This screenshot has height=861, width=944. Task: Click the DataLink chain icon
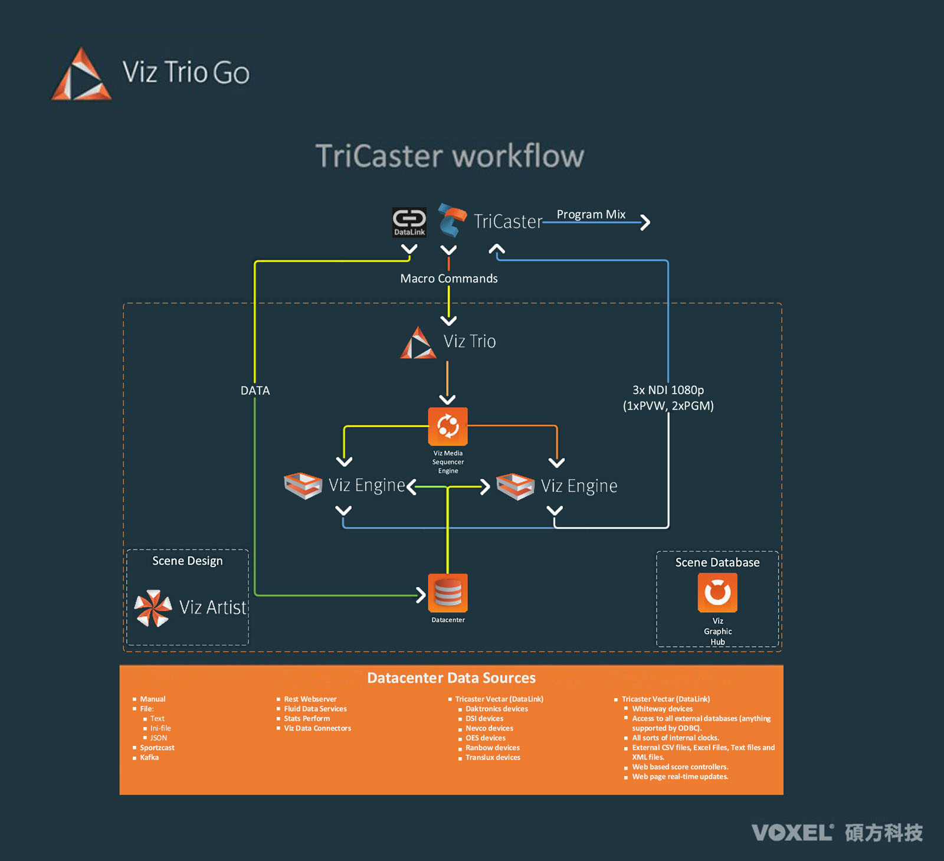coord(409,222)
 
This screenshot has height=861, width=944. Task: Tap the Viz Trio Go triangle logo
coord(81,74)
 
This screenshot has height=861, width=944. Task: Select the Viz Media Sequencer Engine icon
coord(448,426)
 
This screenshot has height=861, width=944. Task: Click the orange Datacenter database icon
coord(448,593)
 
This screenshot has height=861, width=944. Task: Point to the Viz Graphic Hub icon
coord(717,592)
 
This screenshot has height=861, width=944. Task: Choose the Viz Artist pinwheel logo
coord(153,608)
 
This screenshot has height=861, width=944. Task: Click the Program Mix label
coord(591,214)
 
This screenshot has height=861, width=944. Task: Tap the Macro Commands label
coord(449,279)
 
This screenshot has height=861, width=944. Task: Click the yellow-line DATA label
coord(255,391)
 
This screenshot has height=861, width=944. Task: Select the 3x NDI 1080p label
coord(668,390)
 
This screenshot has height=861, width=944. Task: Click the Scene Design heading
coord(188,561)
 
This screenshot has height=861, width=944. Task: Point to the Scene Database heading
coord(717,562)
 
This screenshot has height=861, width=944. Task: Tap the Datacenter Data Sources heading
coord(451,678)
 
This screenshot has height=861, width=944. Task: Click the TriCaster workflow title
coord(450,156)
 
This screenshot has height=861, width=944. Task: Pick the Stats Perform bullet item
coord(307,719)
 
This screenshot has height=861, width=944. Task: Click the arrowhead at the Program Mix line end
coord(645,222)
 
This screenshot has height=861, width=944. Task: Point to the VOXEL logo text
coord(792,833)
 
